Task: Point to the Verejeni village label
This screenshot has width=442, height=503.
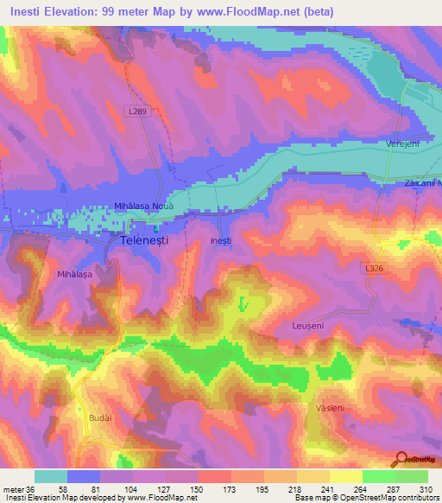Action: pos(402,144)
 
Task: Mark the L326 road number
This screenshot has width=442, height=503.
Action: pos(373,269)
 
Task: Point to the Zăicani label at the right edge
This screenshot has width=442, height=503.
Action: pos(422,183)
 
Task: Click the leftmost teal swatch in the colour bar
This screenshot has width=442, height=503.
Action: pos(51,476)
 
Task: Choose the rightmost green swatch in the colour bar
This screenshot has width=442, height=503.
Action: pos(412,476)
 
